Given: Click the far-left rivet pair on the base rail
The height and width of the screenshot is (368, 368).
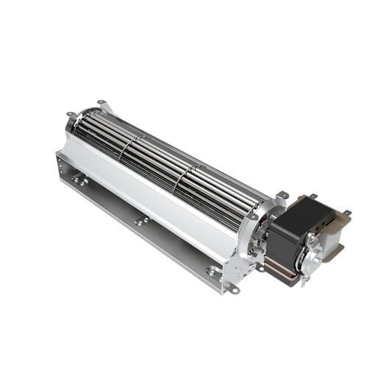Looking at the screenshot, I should (x=79, y=180).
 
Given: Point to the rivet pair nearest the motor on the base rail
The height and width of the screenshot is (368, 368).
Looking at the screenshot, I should (x=213, y=272).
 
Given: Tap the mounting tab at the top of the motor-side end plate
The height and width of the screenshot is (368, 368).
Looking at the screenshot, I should (x=282, y=195).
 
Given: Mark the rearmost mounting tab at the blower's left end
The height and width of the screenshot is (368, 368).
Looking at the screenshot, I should (x=101, y=103).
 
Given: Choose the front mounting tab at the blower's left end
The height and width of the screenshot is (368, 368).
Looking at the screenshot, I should (x=71, y=114).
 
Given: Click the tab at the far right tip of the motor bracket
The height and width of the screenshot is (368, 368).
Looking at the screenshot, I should (x=347, y=213).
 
